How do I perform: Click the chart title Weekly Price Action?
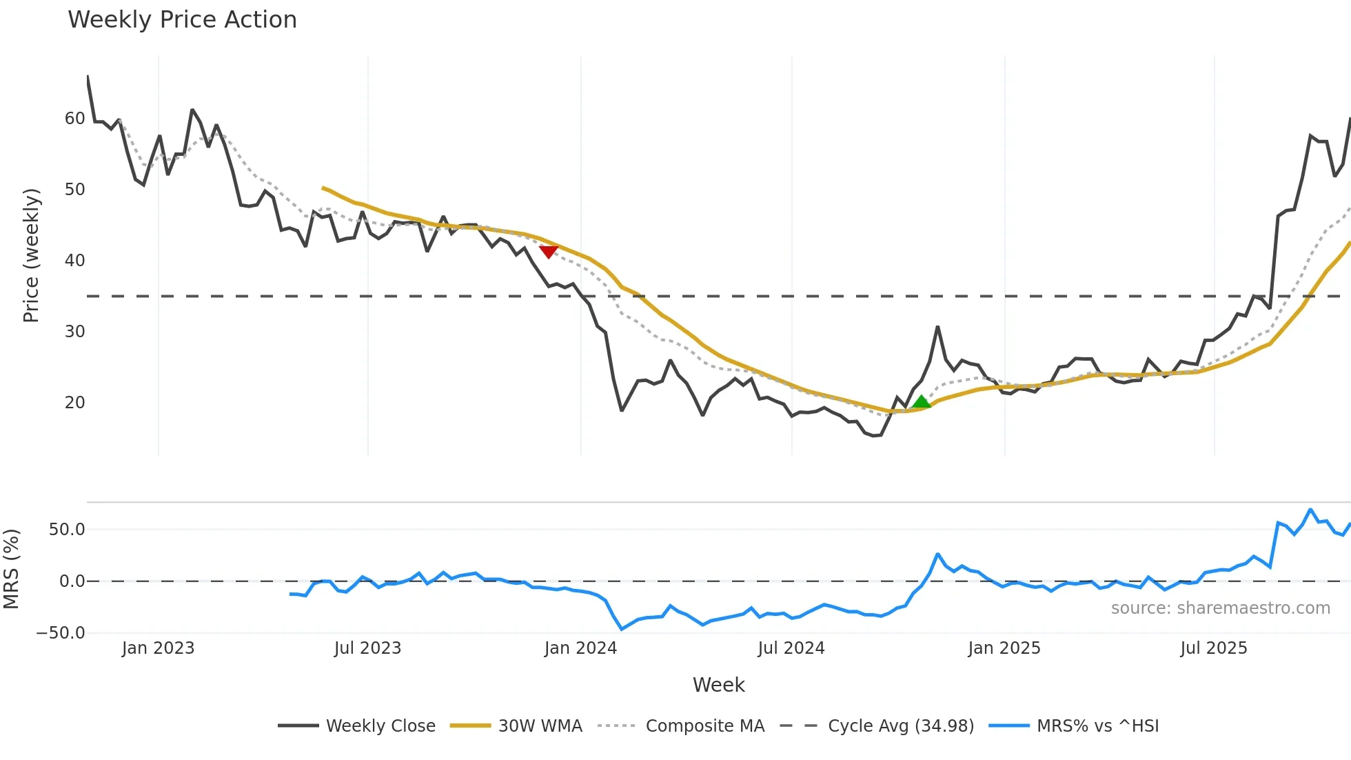[182, 20]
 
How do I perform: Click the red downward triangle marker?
[549, 252]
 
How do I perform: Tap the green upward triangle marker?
[921, 402]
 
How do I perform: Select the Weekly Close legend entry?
[357, 726]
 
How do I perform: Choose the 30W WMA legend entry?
[516, 726]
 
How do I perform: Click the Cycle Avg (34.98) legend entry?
[877, 726]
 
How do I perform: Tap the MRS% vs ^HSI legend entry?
[1074, 726]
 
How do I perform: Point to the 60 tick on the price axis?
[74, 119]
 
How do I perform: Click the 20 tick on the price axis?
[74, 403]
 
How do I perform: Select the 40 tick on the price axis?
[74, 261]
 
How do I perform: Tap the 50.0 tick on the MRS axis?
[67, 530]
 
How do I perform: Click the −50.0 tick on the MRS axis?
[61, 633]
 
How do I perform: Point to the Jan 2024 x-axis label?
[580, 648]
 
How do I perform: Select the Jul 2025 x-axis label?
[1214, 648]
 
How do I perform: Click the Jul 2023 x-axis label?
[367, 648]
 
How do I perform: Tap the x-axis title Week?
[718, 685]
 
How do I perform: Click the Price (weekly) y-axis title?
[31, 255]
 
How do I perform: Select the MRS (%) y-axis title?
[11, 569]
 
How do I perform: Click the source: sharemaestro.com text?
[1220, 608]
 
